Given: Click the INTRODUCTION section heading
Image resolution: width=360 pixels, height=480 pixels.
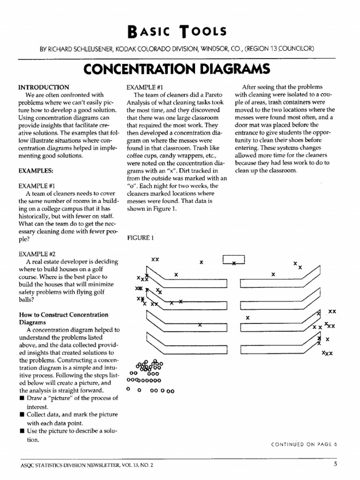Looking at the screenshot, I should (x=44, y=87).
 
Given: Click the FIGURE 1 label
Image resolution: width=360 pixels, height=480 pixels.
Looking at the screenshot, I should (x=141, y=238).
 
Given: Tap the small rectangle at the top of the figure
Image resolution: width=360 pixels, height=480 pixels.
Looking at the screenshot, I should (x=233, y=260).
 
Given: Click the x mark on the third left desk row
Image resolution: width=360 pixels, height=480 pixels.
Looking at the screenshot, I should (x=200, y=324).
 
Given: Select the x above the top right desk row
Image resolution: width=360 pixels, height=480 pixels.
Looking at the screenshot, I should (x=273, y=274).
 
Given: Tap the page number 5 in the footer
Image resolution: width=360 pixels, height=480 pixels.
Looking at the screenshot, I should (x=336, y=465).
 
